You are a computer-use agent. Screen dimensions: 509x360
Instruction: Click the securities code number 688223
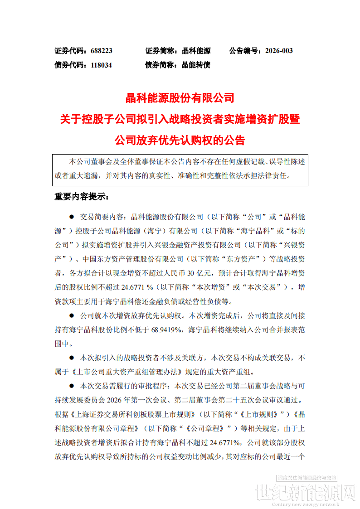pos(101,51)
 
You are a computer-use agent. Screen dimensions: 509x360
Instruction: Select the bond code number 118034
pos(101,65)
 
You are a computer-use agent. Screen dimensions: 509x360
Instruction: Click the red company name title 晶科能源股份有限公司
pos(180,97)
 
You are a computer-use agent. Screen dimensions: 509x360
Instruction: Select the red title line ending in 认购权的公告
pos(180,140)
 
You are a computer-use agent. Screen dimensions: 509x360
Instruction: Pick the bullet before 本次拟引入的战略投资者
pos(71,358)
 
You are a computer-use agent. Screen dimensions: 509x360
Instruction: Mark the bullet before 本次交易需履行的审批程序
pos(71,387)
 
